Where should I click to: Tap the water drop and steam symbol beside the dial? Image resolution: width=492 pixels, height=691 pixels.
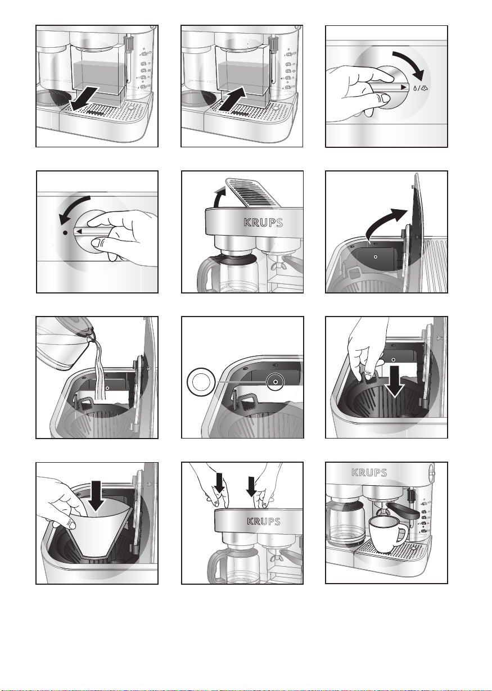tap(421, 88)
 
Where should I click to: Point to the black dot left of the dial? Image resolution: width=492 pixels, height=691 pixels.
tap(65, 233)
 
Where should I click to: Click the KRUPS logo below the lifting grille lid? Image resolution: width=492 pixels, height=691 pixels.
tap(263, 223)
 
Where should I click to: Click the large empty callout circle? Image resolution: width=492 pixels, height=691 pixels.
tap(201, 382)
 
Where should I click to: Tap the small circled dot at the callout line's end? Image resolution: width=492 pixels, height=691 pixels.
tap(276, 382)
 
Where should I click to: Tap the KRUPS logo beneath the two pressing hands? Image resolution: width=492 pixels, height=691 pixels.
tap(264, 521)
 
